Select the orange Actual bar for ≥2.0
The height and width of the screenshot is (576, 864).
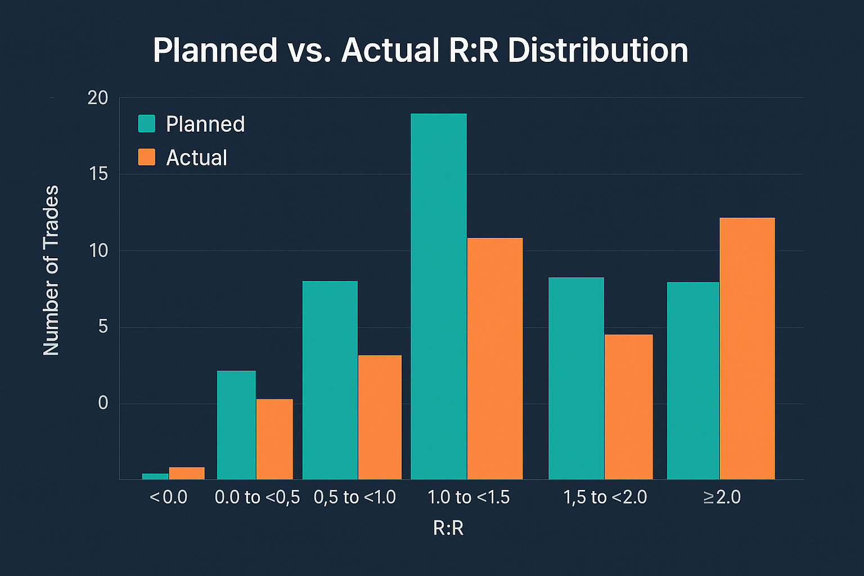[747, 348]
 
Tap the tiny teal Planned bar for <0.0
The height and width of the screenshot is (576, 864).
[155, 476]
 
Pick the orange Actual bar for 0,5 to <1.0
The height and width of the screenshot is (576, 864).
[380, 417]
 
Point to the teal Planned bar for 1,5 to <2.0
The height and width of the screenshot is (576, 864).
[576, 378]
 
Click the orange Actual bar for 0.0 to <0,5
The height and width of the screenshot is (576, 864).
[274, 439]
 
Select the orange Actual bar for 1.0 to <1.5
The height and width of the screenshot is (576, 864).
[494, 358]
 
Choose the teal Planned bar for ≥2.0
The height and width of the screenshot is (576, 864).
[693, 380]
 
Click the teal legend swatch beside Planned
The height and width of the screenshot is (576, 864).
[147, 124]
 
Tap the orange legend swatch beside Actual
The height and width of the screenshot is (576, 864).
[147, 157]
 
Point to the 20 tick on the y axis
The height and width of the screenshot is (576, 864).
[98, 98]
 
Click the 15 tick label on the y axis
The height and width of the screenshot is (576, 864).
[98, 174]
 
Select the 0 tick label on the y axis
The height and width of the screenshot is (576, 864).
[103, 403]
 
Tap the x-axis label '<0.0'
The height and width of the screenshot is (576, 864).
[169, 497]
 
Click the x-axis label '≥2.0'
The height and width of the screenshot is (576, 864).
[722, 497]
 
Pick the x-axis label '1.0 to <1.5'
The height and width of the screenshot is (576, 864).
[468, 497]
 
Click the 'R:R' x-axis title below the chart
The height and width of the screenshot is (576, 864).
[448, 528]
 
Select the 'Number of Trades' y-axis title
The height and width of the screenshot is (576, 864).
[51, 270]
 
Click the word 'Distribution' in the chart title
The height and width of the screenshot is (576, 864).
[597, 51]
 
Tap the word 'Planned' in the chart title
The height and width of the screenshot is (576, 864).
[215, 51]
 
